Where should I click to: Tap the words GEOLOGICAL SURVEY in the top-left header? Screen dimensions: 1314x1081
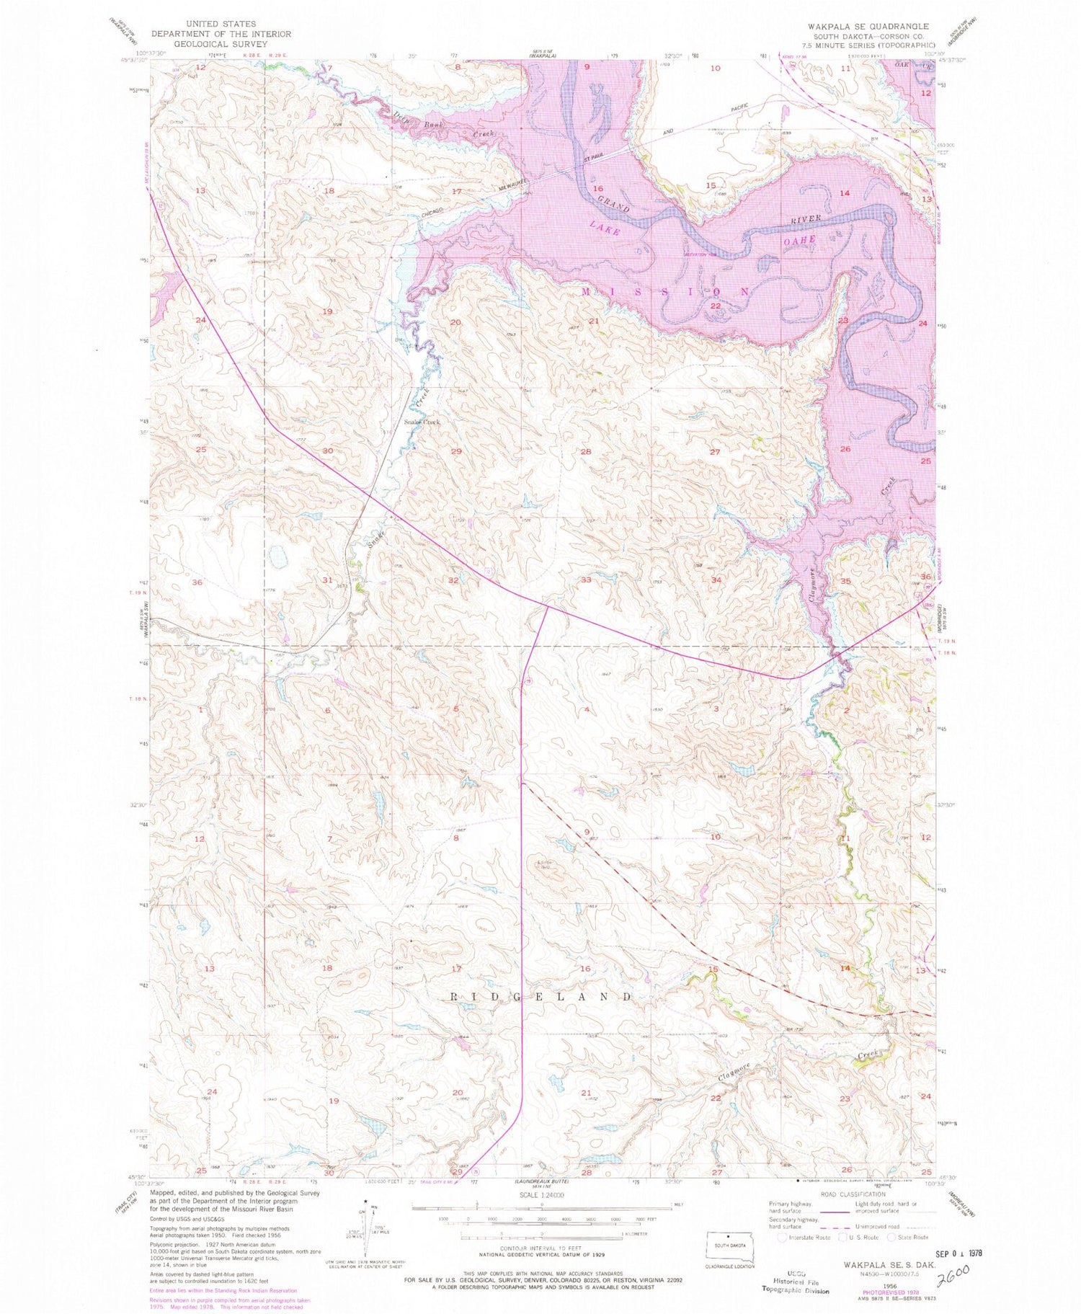(220, 44)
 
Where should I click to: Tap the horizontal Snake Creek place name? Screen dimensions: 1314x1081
(422, 422)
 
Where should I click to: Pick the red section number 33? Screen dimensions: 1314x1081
(586, 580)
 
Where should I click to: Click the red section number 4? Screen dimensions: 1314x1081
(587, 710)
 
